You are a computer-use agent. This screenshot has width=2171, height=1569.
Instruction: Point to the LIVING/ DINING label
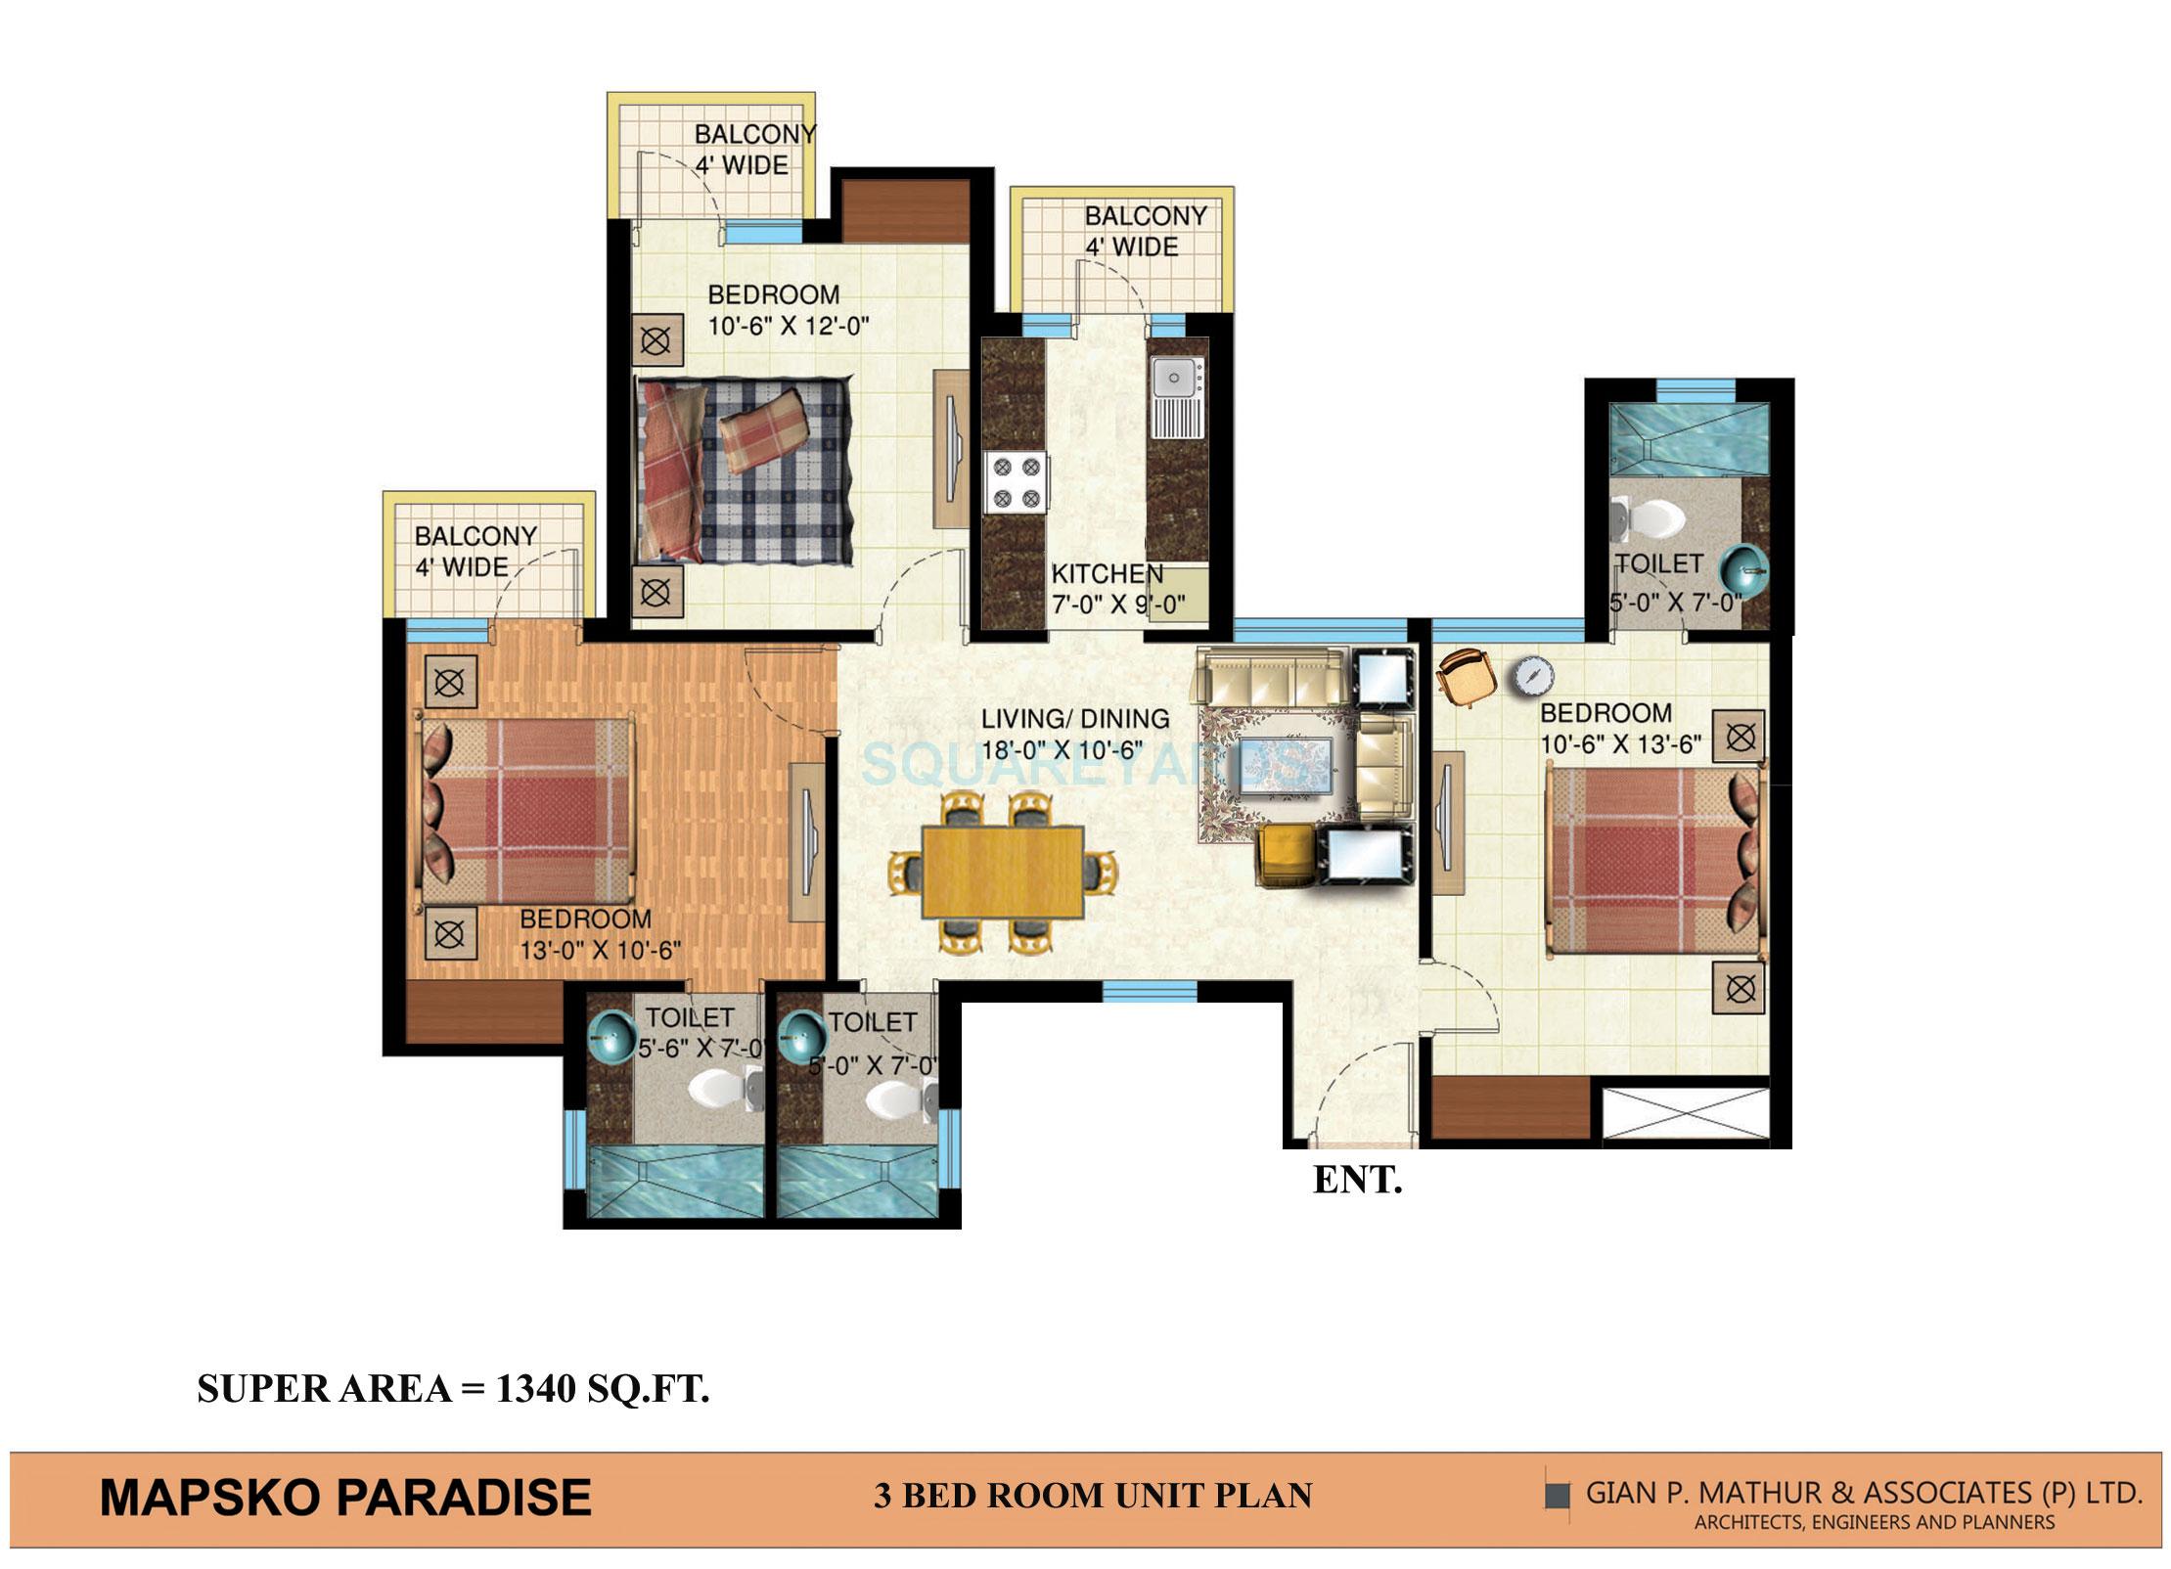click(x=1075, y=719)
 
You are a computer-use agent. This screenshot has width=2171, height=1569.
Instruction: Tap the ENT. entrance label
click(x=1357, y=1181)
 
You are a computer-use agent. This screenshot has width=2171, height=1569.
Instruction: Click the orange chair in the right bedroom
click(x=1465, y=675)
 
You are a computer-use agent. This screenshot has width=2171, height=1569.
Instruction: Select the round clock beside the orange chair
click(x=1533, y=676)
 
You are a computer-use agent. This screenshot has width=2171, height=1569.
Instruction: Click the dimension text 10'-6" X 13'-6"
click(x=1621, y=744)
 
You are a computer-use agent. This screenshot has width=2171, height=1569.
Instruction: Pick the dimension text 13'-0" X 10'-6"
click(x=600, y=950)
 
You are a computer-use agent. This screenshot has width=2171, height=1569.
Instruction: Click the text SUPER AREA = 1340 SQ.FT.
click(x=453, y=1388)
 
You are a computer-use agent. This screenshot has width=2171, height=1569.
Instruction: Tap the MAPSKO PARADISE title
click(x=345, y=1498)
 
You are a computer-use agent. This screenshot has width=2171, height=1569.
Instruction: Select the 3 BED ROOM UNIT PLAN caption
click(x=1093, y=1497)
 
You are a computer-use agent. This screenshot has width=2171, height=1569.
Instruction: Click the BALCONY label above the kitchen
click(x=1145, y=215)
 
